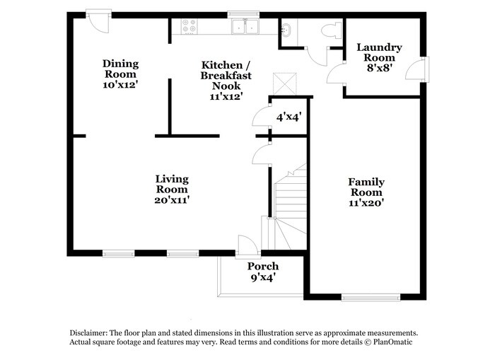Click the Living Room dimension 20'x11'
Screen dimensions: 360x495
[x=172, y=200]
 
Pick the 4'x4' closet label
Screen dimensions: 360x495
[x=289, y=117]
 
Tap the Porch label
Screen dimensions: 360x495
[x=262, y=267]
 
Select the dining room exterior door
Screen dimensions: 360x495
[x=98, y=19]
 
